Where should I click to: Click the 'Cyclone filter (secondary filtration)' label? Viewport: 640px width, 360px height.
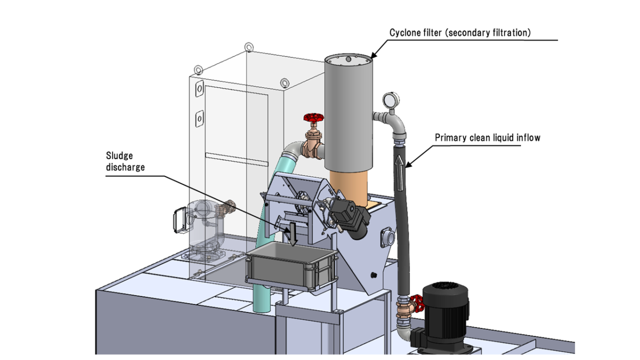pos(460,33)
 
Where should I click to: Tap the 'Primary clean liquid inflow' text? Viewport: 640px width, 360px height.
pos(487,138)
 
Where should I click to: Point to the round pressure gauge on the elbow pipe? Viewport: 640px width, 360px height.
pos(391,100)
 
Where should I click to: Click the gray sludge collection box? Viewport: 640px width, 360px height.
pos(291,267)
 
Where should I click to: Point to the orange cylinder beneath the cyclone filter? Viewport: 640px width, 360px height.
pos(349,187)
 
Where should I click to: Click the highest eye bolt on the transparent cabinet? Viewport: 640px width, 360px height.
pos(249,47)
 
